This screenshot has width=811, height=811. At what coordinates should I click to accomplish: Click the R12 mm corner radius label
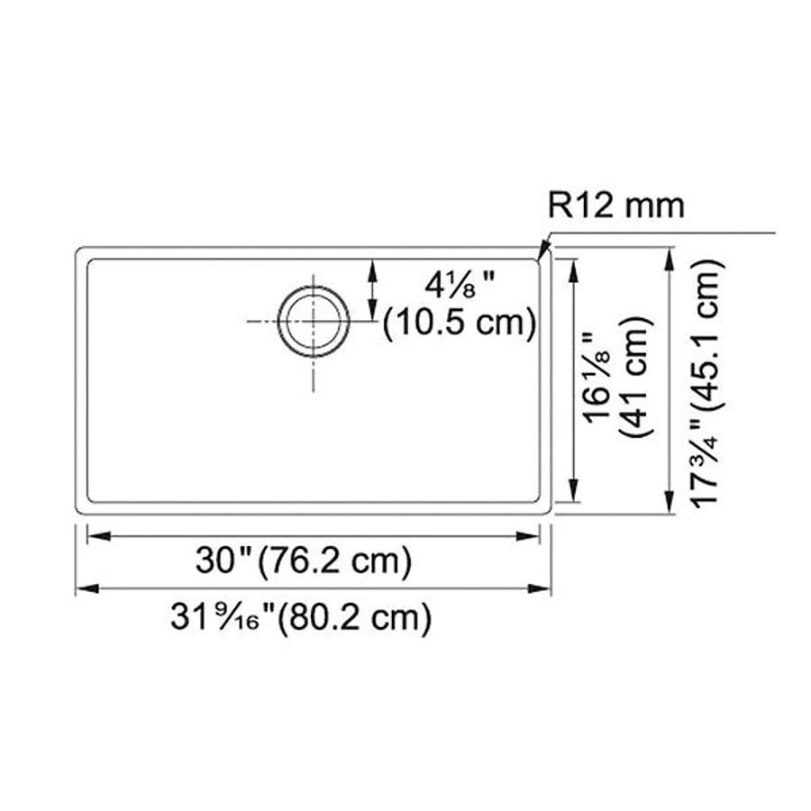[x=616, y=206]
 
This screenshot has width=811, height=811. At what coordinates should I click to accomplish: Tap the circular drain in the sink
[x=314, y=321]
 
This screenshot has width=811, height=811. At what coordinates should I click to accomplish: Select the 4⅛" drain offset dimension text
[x=462, y=287]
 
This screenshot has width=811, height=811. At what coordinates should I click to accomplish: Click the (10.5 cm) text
[x=460, y=323]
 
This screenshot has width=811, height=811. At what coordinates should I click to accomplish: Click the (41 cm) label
[x=638, y=378]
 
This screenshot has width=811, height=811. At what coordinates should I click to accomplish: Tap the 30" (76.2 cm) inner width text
[x=305, y=561]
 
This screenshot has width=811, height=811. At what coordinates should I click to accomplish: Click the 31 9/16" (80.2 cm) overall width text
[x=301, y=617]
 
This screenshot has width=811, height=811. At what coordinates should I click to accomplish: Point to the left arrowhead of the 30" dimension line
[x=92, y=536]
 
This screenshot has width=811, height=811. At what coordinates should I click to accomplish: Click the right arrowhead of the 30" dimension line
[x=534, y=536]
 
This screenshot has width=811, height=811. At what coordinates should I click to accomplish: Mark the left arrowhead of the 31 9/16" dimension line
[x=82, y=589]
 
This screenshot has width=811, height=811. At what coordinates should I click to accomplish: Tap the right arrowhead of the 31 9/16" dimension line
[x=545, y=589]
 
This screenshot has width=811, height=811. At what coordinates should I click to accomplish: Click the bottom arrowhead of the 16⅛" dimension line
[x=573, y=497]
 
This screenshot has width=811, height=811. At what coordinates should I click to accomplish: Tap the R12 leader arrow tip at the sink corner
[x=539, y=259]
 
